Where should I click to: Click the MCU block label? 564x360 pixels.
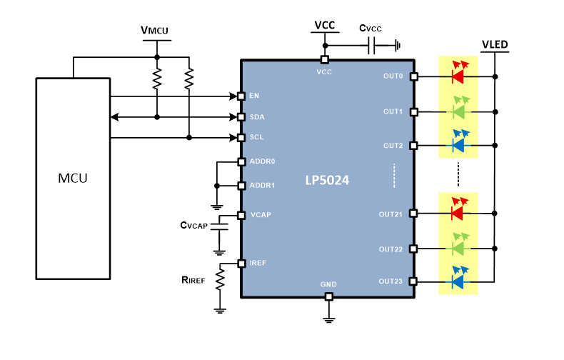(73, 178)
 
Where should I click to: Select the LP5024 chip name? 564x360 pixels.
(328, 181)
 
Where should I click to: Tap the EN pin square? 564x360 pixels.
(241, 96)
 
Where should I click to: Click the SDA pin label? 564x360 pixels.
(258, 116)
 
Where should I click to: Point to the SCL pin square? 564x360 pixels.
(241, 137)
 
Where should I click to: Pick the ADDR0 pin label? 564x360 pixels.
(261, 161)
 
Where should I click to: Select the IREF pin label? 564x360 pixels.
(258, 263)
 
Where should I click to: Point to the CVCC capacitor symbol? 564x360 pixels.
(371, 46)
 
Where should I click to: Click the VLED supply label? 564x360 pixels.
(495, 45)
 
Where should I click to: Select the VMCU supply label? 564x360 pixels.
(155, 31)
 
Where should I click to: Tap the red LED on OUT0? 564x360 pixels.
(458, 74)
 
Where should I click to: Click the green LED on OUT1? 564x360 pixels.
(458, 111)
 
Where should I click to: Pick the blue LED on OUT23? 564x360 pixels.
(458, 281)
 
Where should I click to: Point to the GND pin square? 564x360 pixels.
(328, 296)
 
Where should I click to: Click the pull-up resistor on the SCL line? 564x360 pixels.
(189, 79)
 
